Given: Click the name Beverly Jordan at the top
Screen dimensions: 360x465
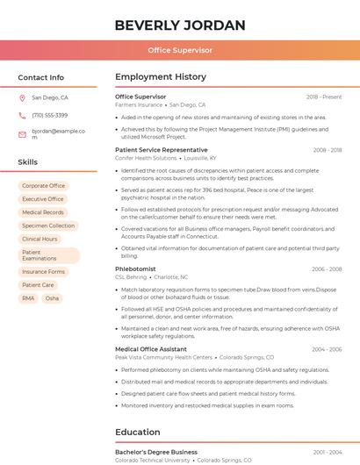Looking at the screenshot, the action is tap(179, 25).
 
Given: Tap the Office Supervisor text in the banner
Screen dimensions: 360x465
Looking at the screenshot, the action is tap(179, 50).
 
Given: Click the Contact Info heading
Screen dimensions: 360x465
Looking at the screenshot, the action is tap(40, 77).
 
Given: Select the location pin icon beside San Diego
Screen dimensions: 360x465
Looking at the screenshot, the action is tap(22, 98).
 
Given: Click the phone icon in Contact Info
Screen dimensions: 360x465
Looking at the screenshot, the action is tap(22, 116).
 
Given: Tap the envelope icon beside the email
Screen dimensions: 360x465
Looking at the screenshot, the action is tap(22, 134).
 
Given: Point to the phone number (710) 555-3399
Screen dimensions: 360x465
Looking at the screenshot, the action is tap(49, 116).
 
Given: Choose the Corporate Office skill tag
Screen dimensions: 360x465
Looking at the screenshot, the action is tap(43, 186).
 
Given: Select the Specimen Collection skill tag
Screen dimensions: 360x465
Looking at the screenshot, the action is tap(48, 225).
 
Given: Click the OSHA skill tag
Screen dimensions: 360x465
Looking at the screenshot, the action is tap(52, 298).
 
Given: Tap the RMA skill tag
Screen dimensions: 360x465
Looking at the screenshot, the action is tap(28, 298).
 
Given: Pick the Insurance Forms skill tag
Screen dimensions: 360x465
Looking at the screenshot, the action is tap(43, 272).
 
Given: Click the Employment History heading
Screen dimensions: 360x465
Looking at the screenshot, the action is tap(161, 77).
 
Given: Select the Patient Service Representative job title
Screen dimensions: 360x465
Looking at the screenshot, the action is tap(162, 150).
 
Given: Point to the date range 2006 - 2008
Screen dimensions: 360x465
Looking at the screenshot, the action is tap(327, 269).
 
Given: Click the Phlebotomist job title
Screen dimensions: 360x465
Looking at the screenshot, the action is tap(135, 269).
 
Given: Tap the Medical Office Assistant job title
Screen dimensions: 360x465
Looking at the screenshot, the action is tap(150, 349).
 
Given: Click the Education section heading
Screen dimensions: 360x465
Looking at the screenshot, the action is tap(137, 432).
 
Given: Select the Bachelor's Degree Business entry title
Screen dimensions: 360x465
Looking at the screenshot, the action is tap(156, 452).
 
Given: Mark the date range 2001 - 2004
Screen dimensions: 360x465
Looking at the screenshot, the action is tap(327, 452).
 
